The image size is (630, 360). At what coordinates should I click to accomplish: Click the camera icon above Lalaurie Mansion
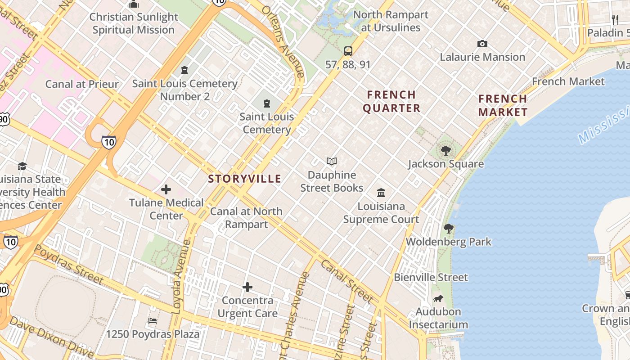pyautogui.click(x=482, y=44)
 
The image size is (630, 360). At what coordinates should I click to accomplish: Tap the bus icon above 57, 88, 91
pyautogui.click(x=348, y=51)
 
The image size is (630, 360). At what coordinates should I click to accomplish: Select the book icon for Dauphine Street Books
pyautogui.click(x=332, y=161)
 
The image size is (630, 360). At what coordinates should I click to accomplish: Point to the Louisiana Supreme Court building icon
pyautogui.click(x=381, y=193)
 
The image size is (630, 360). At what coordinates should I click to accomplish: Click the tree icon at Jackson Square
pyautogui.click(x=445, y=150)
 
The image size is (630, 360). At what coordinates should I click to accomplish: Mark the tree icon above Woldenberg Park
pyautogui.click(x=448, y=228)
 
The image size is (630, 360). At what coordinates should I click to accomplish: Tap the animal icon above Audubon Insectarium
pyautogui.click(x=438, y=298)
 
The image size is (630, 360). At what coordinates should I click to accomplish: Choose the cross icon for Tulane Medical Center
pyautogui.click(x=166, y=189)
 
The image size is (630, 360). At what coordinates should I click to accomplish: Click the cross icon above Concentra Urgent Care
pyautogui.click(x=247, y=287)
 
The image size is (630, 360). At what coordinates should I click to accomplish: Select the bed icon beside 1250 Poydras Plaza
pyautogui.click(x=153, y=321)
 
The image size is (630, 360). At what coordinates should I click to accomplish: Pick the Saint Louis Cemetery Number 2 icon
pyautogui.click(x=184, y=70)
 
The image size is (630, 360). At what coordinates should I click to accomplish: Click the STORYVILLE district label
pyautogui.click(x=244, y=179)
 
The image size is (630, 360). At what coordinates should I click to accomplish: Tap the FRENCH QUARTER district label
pyautogui.click(x=391, y=101)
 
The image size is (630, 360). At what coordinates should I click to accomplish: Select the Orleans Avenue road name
pyautogui.click(x=283, y=40)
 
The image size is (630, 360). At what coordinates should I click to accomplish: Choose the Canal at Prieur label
pyautogui.click(x=82, y=84)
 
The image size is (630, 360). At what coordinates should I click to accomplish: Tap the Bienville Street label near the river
pyautogui.click(x=431, y=277)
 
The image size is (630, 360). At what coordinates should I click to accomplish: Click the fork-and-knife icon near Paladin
pyautogui.click(x=615, y=19)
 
